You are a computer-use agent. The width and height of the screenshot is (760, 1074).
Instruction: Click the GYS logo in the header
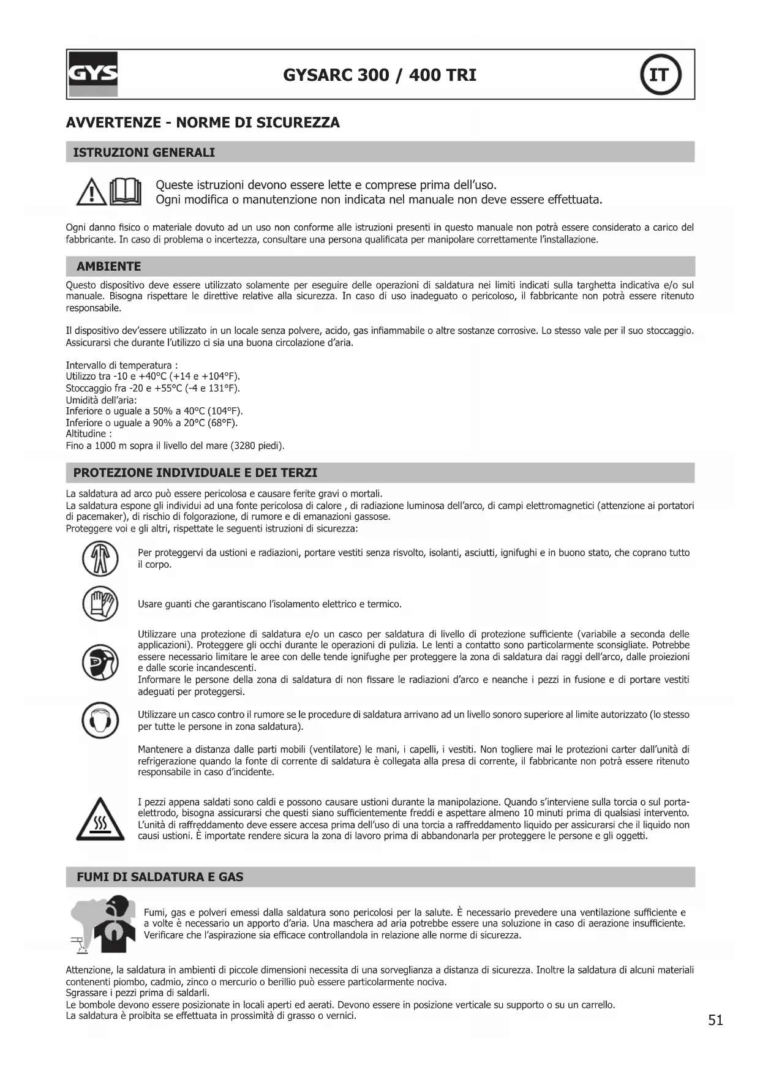[x=92, y=75]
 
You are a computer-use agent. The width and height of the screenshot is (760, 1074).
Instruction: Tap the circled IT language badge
[x=660, y=75]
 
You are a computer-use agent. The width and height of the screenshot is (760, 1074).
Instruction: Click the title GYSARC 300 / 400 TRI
[x=379, y=75]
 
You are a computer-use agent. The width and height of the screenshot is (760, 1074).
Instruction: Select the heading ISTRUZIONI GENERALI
[x=144, y=152]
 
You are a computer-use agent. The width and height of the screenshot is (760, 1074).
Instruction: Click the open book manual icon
[x=126, y=191]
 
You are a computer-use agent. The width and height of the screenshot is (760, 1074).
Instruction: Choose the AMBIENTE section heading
[x=108, y=266]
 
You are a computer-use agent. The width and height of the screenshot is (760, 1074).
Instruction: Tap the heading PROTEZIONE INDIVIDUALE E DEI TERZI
[x=195, y=473]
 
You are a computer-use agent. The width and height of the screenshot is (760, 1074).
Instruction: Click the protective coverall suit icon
[x=100, y=559]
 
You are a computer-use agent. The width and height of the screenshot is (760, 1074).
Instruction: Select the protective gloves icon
[x=100, y=604]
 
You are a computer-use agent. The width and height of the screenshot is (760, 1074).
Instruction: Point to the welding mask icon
[x=100, y=663]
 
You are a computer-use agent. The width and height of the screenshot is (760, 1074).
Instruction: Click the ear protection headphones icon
[x=100, y=720]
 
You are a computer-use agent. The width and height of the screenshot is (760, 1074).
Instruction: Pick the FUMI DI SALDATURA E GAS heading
[x=160, y=877]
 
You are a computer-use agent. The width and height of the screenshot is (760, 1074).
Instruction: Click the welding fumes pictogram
[x=102, y=925]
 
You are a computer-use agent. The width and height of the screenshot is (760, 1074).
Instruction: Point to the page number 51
[x=715, y=1020]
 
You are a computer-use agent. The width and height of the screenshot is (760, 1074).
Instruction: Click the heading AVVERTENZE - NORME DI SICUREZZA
[x=203, y=122]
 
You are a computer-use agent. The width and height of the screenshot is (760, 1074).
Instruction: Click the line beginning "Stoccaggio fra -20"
[x=152, y=388]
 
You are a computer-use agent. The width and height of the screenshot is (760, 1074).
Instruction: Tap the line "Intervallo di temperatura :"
[x=121, y=366]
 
